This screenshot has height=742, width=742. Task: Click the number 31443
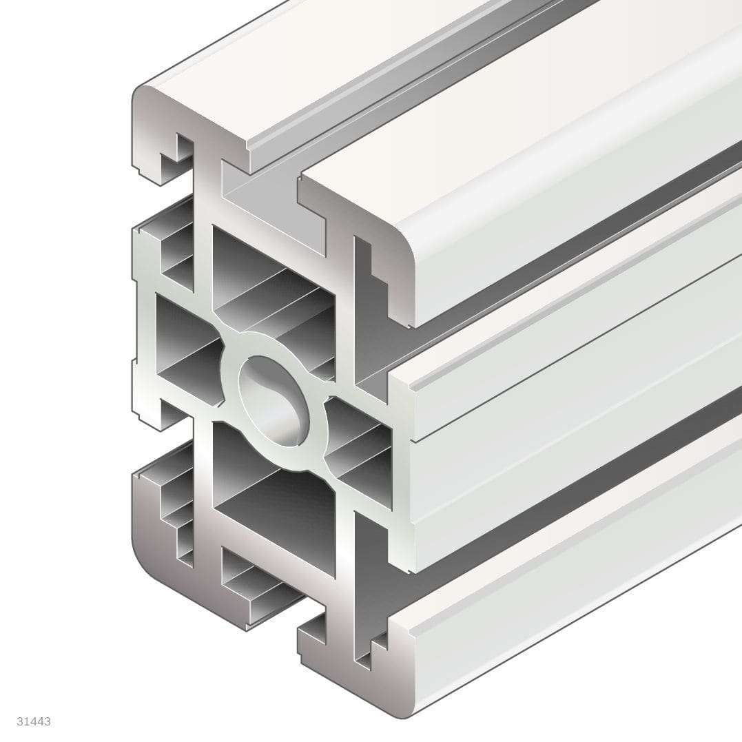coord(34,721)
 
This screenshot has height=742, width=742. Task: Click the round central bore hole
coord(270,400)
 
